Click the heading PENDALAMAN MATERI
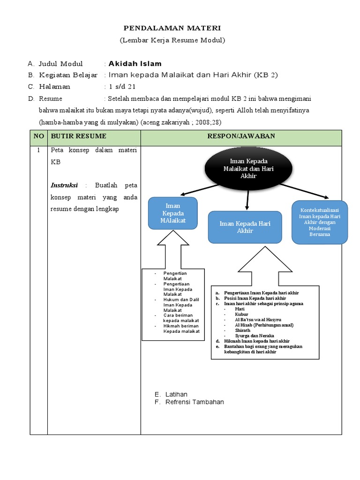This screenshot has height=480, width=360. point(172,29)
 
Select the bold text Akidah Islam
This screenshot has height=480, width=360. point(135,64)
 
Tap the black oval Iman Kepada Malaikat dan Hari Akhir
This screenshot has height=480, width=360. point(248,169)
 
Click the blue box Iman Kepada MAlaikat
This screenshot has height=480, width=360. point(173,213)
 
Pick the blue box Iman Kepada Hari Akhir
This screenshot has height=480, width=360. point(245,227)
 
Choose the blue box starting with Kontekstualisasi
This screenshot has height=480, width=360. point(320,222)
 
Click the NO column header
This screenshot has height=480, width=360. point(38,136)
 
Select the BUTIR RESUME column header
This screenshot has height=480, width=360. point(79,136)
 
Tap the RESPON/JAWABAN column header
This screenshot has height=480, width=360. point(241,136)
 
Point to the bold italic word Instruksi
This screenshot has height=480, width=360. point(64,185)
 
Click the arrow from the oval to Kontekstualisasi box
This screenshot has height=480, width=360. point(305,191)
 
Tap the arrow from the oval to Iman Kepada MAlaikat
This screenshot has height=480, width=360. point(204,189)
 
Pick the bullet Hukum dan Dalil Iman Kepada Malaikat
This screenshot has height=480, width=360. point(181,304)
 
